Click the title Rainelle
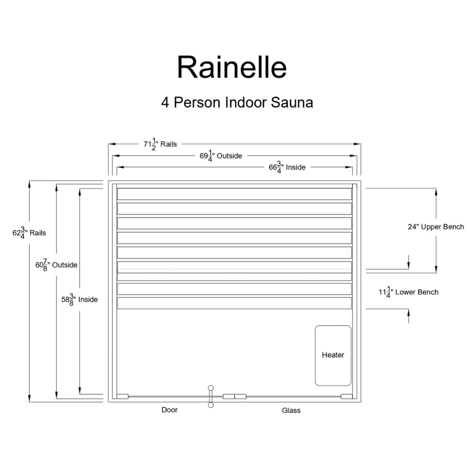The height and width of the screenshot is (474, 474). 232,67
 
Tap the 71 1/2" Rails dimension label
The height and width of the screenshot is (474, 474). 160,144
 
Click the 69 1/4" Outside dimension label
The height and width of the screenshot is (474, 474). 221,156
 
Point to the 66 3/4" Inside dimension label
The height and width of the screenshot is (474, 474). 287,167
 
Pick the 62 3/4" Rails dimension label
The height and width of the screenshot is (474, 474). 29,233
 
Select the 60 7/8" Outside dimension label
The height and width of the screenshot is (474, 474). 56,265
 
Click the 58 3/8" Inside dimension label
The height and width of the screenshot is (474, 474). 79,299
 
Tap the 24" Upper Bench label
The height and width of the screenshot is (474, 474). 436,227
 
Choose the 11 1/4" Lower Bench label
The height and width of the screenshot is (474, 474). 408,292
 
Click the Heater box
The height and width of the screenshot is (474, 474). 333,355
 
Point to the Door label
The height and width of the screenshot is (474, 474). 169,410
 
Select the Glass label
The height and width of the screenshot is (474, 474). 291,410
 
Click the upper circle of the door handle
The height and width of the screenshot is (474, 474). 211,388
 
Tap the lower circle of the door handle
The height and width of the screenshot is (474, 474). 211,405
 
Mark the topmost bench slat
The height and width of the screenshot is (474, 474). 235,194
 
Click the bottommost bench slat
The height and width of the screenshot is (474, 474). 235,303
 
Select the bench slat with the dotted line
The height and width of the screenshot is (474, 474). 235,267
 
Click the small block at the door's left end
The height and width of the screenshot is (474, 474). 122,396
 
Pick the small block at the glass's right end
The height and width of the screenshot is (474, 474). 347,396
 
